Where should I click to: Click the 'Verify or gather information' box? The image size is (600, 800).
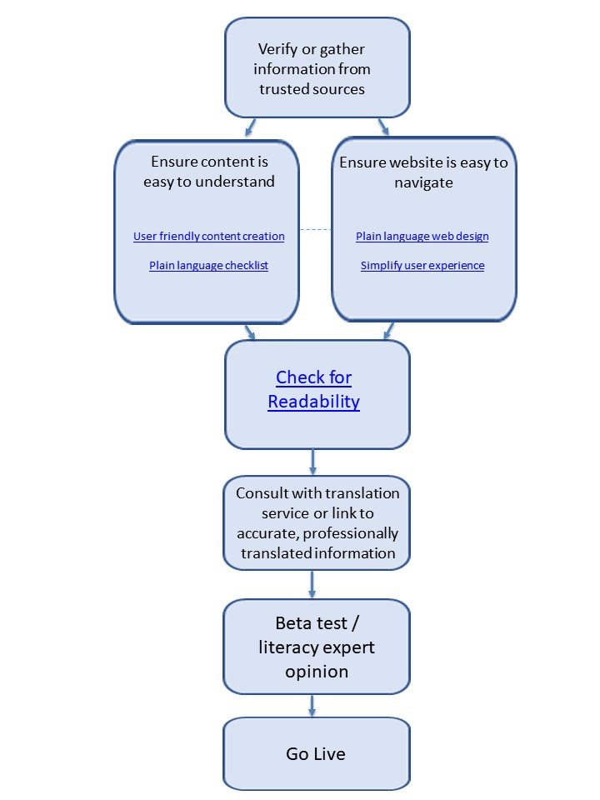pos(317,68)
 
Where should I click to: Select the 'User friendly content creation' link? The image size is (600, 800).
pos(208,237)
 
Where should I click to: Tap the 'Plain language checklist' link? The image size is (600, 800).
pos(208,266)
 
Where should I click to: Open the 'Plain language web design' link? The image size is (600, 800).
pos(422,237)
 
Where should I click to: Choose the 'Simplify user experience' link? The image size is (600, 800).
pos(422,266)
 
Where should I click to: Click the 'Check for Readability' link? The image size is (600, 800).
pos(313,389)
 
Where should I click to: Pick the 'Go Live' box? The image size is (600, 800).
pos(316,754)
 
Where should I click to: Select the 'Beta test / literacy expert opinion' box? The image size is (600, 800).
pos(316,647)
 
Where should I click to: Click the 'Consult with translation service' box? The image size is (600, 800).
pos(317,522)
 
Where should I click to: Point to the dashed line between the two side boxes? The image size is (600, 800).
pos(315,230)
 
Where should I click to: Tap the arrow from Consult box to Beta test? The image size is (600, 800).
pos(312,583)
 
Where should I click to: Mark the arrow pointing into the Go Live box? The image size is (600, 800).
pos(312,705)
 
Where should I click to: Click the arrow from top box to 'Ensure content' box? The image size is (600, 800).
pos(251,127)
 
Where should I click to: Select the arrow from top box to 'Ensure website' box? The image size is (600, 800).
pos(383,127)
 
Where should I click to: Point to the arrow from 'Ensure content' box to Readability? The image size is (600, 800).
pos(249,331)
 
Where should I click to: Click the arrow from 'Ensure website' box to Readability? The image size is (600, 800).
pos(387,331)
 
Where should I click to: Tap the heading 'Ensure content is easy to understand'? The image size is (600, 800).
pos(208,172)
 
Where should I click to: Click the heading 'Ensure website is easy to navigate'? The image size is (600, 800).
pos(423,172)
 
